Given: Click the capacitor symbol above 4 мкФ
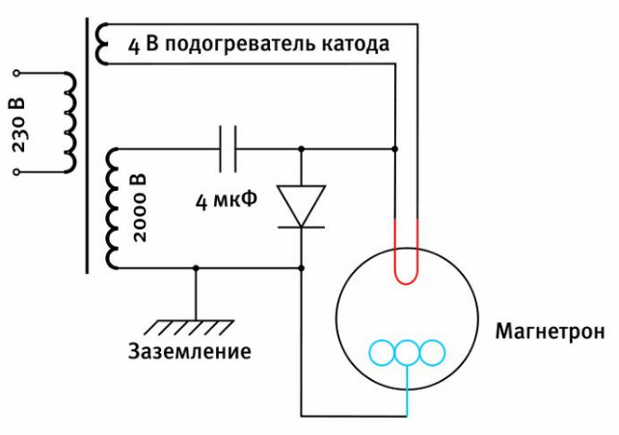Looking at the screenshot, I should [x=229, y=149].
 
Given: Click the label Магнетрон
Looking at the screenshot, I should [x=550, y=332].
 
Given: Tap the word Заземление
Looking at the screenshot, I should [x=190, y=351].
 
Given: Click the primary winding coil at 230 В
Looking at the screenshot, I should [x=68, y=122].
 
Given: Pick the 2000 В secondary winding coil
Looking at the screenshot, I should [x=112, y=208].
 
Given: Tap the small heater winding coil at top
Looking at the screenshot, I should [x=102, y=40].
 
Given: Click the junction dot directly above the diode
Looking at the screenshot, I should [x=301, y=149].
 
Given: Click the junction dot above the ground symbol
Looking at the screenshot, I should [x=196, y=268].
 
